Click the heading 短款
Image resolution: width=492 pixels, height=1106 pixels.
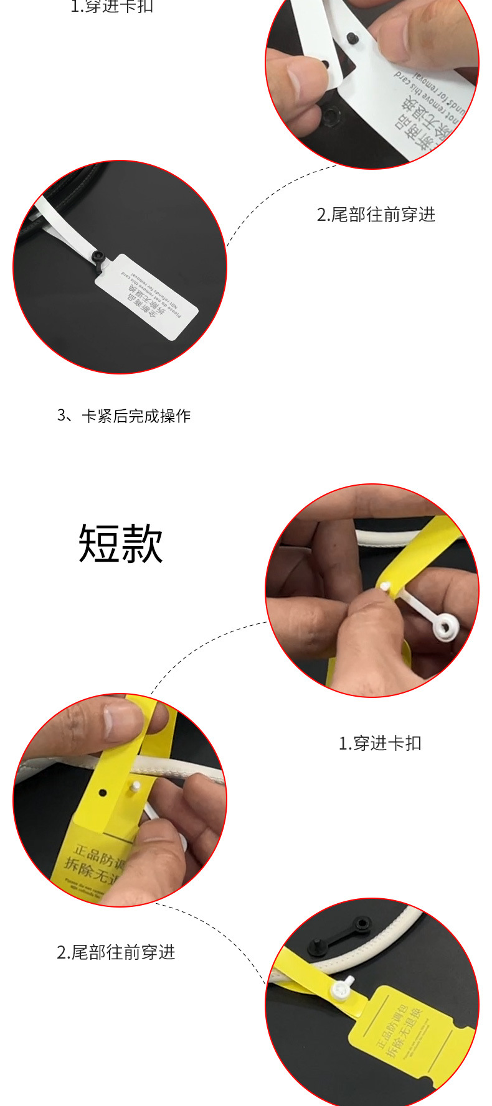(x=121, y=543)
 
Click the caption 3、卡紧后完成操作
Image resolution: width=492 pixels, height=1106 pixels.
(x=124, y=416)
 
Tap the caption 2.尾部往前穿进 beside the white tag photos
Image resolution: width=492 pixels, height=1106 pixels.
(x=376, y=215)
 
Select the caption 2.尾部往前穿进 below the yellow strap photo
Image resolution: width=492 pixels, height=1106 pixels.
(x=116, y=952)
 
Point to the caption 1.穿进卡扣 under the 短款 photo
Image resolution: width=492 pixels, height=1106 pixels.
(x=380, y=743)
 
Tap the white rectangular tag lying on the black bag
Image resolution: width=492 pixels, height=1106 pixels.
(x=147, y=297)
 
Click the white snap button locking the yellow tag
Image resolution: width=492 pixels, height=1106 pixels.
(x=342, y=989)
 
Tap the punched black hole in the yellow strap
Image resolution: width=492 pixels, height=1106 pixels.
(x=103, y=793)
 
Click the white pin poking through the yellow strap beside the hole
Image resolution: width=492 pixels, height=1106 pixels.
(x=133, y=788)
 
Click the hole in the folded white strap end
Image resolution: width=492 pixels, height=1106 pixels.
(x=326, y=64)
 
